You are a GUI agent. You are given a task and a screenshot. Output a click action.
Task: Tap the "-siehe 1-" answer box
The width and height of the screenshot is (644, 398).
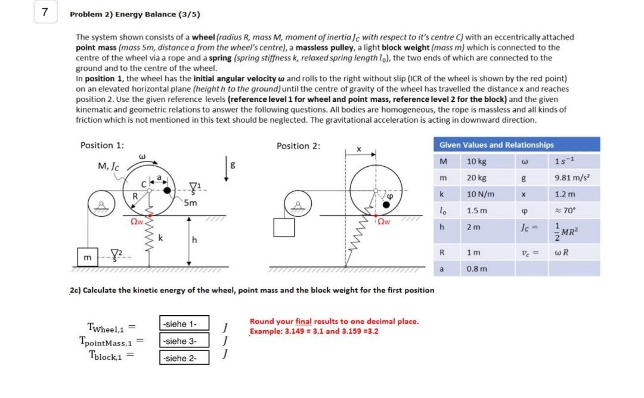coord(184,323)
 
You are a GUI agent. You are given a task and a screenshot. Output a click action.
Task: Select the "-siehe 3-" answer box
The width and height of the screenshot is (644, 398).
coord(184,341)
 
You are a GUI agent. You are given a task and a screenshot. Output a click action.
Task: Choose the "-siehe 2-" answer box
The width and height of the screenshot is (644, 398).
coord(184,357)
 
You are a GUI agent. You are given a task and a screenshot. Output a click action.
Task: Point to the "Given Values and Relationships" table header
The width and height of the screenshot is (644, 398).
coord(496,145)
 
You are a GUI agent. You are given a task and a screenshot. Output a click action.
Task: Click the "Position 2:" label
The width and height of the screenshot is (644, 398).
coord(299,146)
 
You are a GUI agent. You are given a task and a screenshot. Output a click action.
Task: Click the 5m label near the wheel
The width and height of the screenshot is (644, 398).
coord(190,203)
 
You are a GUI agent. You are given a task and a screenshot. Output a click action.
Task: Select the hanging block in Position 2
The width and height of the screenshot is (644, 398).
coord(284,228)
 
